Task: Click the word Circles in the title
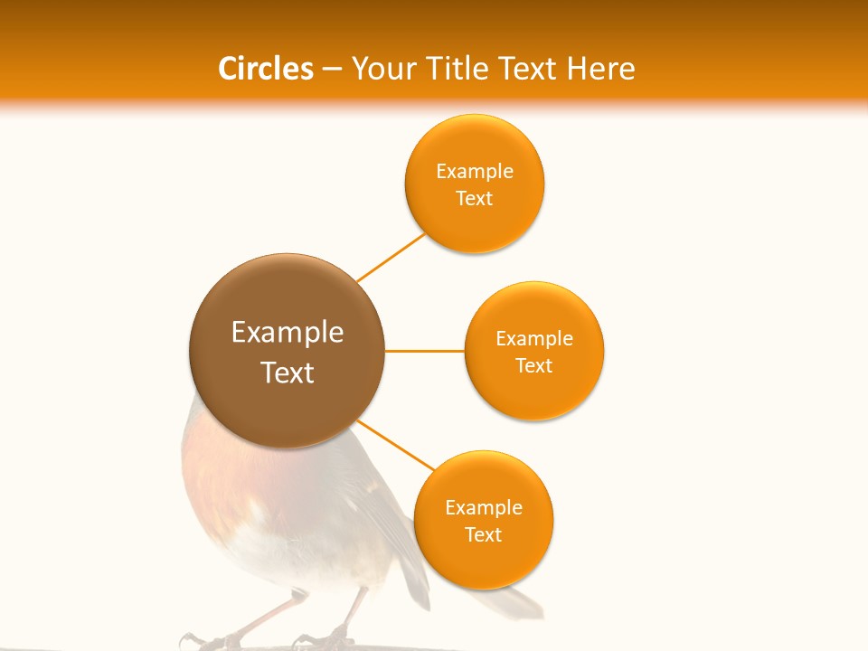pos(265,69)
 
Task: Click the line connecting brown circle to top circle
pos(391,257)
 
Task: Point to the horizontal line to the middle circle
pos(424,350)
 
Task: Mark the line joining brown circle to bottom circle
pos(396,444)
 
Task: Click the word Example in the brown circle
pos(288,333)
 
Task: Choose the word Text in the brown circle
pos(288,373)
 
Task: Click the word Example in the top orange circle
pos(475,171)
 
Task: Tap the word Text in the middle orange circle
pos(534,365)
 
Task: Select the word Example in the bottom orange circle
pos(484,507)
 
